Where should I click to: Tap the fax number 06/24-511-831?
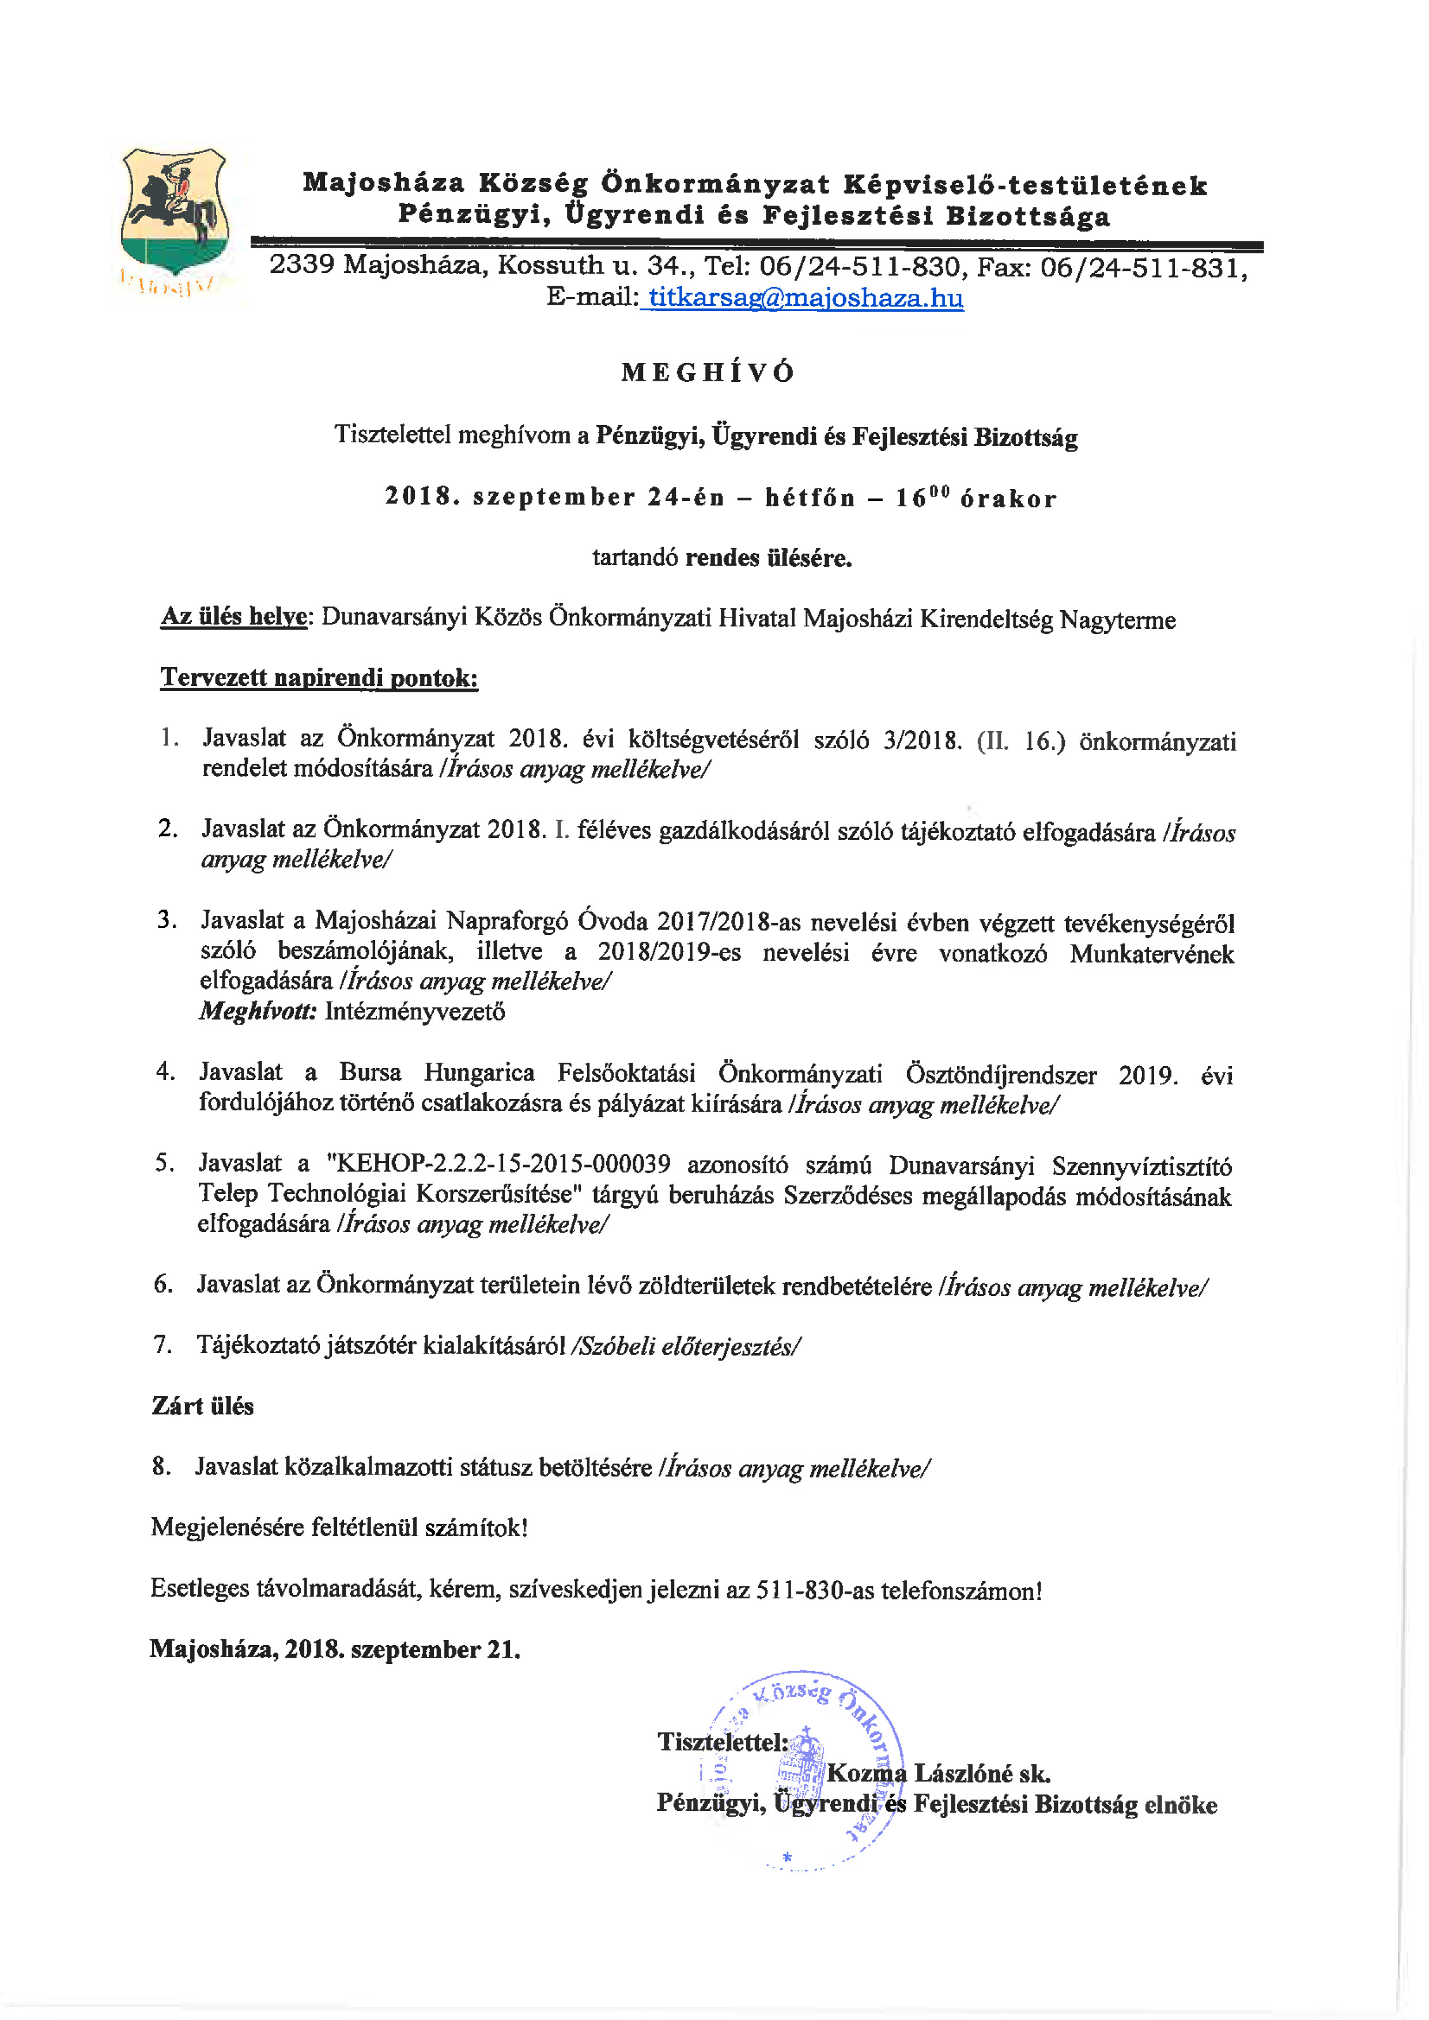[1142, 267]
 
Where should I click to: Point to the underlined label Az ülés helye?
[234, 617]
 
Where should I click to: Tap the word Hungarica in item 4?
[479, 1072]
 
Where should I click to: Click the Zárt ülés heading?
[202, 1406]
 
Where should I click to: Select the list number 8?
[160, 1466]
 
